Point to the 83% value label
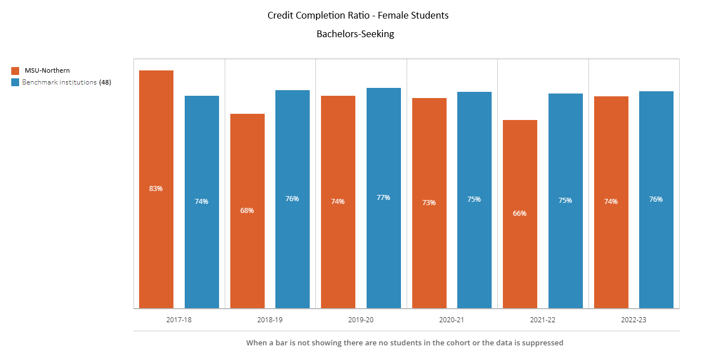pyautogui.click(x=156, y=189)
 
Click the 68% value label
pyautogui.click(x=247, y=211)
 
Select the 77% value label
pyautogui.click(x=384, y=198)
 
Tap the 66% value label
pyautogui.click(x=520, y=214)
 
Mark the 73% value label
pyautogui.click(x=429, y=203)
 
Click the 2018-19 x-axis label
pyautogui.click(x=270, y=319)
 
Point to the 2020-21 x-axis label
pyautogui.click(x=452, y=319)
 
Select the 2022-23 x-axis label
pyautogui.click(x=634, y=319)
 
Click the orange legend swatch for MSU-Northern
pyautogui.click(x=15, y=71)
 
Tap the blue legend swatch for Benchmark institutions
pyautogui.click(x=15, y=82)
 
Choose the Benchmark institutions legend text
pyautogui.click(x=59, y=82)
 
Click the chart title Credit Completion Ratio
pyautogui.click(x=358, y=16)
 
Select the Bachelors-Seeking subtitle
pyautogui.click(x=355, y=34)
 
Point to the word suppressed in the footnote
pyautogui.click(x=543, y=343)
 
